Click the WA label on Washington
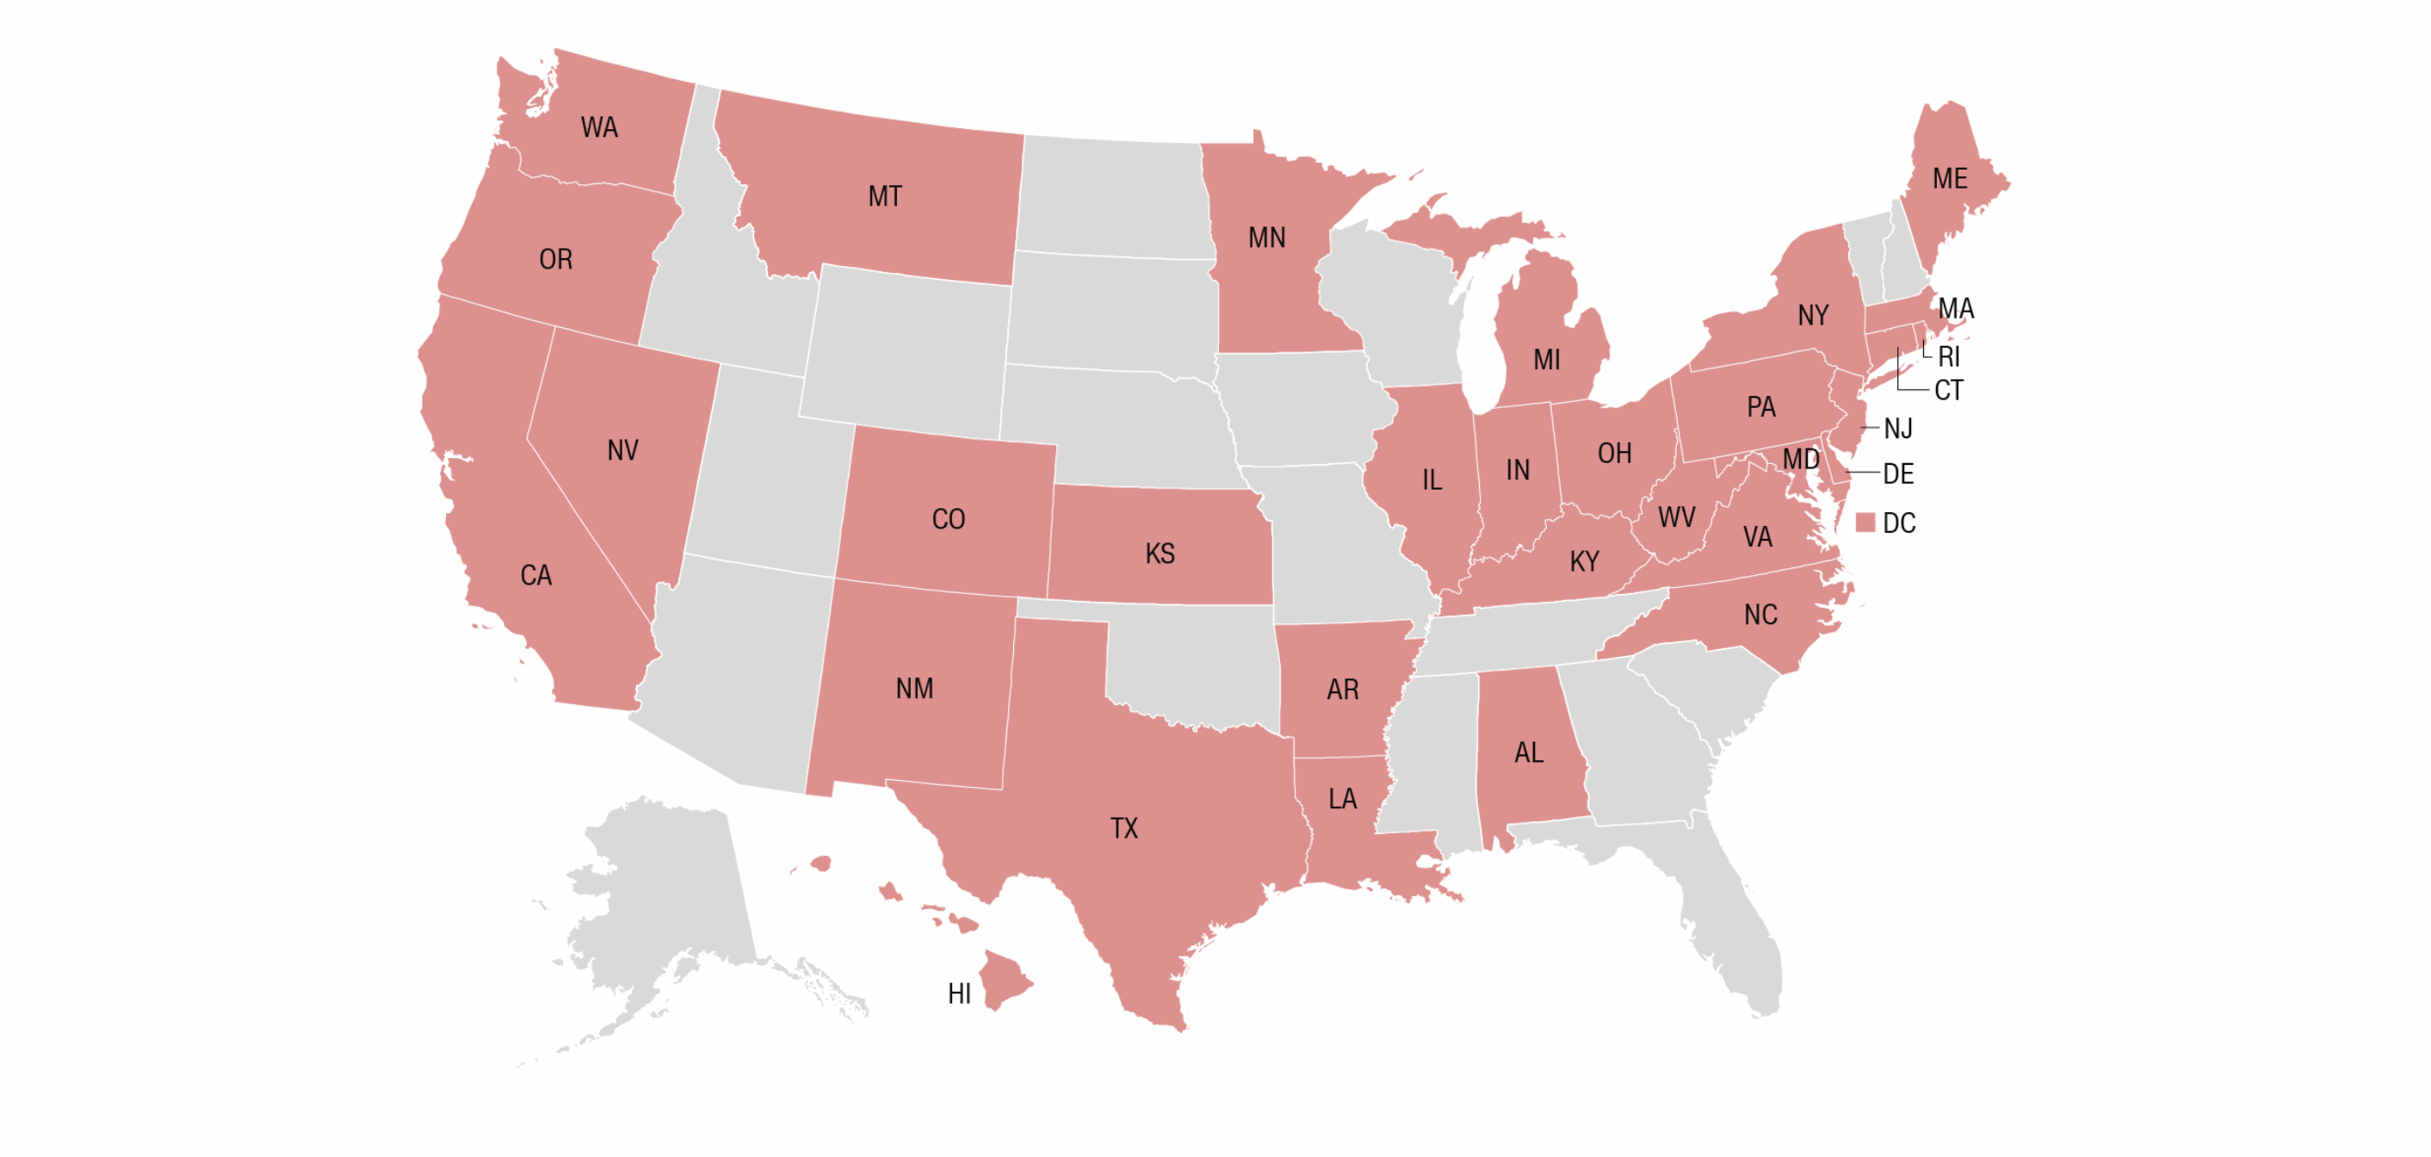pos(599,127)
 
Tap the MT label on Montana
pos(884,196)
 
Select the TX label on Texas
pos(1123,829)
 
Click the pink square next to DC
pos(1865,523)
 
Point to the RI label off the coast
pos(1948,356)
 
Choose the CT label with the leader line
pos(1948,390)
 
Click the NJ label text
pos(1897,429)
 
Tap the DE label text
pos(1898,473)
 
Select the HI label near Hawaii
pos(959,993)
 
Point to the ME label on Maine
pos(1950,178)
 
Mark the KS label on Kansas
pos(1160,554)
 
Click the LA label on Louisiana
pos(1342,800)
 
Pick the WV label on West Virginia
pos(1676,517)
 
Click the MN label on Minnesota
pos(1266,238)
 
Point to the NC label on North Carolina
pos(1760,616)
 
